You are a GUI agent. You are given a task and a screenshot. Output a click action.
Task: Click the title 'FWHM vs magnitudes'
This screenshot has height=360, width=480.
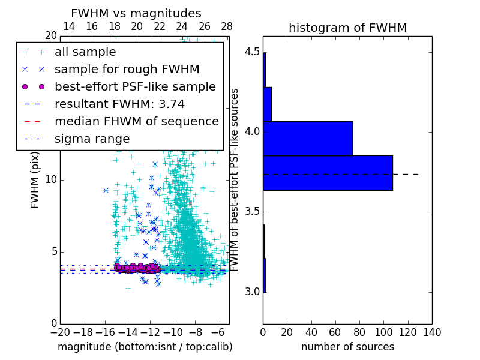tap(136, 13)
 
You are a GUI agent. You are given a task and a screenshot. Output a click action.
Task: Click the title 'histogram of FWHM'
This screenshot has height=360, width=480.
tap(347, 28)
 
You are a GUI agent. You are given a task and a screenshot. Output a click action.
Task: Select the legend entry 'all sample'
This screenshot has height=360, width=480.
tap(85, 52)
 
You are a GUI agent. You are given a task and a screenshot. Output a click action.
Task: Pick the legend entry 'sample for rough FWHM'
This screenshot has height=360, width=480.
tap(127, 70)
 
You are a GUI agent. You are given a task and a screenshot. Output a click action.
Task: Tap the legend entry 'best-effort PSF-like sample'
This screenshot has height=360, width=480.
tap(135, 86)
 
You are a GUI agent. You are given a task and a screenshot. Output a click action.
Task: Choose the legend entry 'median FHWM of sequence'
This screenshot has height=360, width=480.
tap(136, 121)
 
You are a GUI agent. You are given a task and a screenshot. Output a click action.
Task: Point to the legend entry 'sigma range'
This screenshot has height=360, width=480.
tap(92, 139)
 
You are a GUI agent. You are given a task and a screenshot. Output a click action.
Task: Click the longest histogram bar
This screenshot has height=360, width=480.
tap(328, 173)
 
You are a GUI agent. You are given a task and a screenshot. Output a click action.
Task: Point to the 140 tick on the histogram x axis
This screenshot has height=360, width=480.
tap(431, 332)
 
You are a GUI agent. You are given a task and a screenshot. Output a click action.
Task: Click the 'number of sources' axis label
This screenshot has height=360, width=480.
tap(347, 347)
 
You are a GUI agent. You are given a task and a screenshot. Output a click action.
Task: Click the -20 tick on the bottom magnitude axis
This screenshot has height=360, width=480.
tap(60, 332)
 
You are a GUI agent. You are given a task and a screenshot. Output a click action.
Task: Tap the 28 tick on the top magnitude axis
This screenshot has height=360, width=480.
tap(227, 27)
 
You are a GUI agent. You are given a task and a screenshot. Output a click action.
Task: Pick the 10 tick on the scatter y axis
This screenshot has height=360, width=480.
tap(50, 180)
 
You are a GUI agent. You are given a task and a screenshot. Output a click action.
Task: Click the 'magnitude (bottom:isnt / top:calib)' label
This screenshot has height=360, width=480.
tap(145, 347)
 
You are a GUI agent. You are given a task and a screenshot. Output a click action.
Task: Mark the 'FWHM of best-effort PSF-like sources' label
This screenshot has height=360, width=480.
tap(235, 180)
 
